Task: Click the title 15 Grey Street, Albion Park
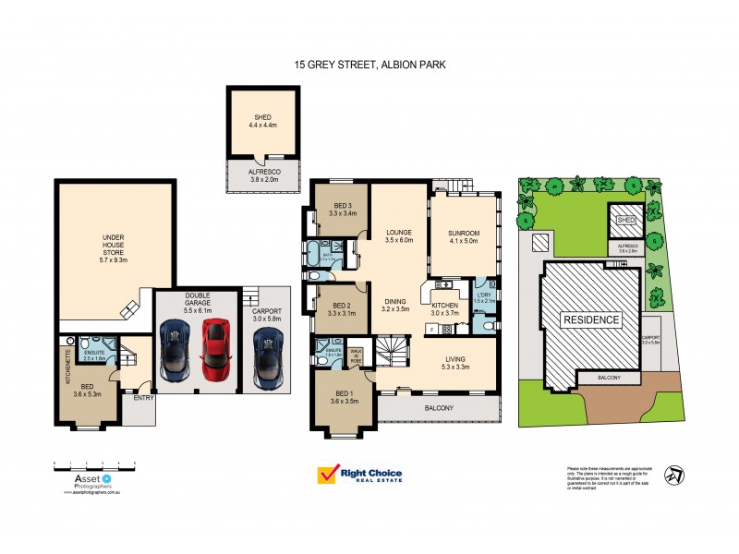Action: pyautogui.click(x=369, y=66)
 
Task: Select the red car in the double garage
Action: pyautogui.click(x=213, y=350)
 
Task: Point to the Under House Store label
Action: pyautogui.click(x=114, y=245)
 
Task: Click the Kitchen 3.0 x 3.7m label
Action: pyautogui.click(x=445, y=308)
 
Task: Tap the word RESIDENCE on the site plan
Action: pyautogui.click(x=591, y=319)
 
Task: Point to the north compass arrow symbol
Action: pyautogui.click(x=677, y=475)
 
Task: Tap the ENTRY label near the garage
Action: pyautogui.click(x=143, y=399)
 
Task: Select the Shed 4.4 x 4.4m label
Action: pyautogui.click(x=262, y=122)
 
